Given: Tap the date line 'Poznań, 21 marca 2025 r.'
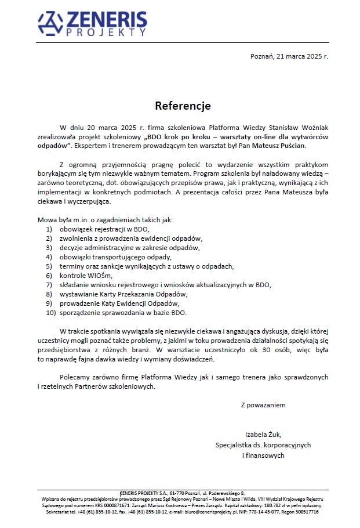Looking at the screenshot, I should (x=289, y=56).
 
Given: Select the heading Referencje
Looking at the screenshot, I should (x=183, y=106).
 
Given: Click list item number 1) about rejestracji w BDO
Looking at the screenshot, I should (x=104, y=229).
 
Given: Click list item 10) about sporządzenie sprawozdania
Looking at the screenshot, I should (x=122, y=313).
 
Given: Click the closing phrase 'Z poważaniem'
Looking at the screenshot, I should (x=263, y=405).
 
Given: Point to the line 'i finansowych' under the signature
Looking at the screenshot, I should (x=263, y=456).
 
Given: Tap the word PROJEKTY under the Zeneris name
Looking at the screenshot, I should (x=106, y=34).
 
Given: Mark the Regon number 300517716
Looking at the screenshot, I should (x=301, y=512).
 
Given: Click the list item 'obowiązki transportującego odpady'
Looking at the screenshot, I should (x=115, y=257).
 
